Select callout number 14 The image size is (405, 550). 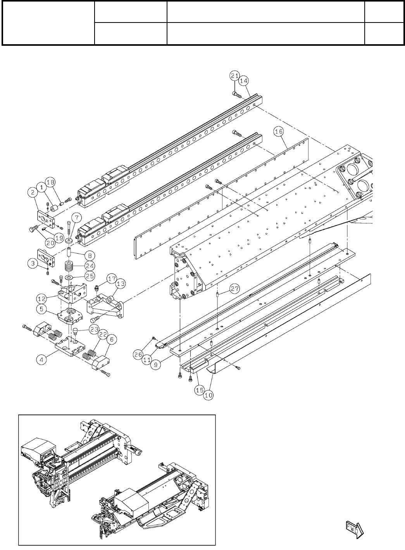pyautogui.click(x=243, y=81)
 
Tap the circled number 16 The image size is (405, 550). pyautogui.click(x=279, y=132)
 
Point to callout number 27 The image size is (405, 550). pyautogui.click(x=234, y=289)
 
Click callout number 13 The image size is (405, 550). pyautogui.click(x=121, y=284)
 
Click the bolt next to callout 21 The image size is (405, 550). pyautogui.click(x=237, y=94)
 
